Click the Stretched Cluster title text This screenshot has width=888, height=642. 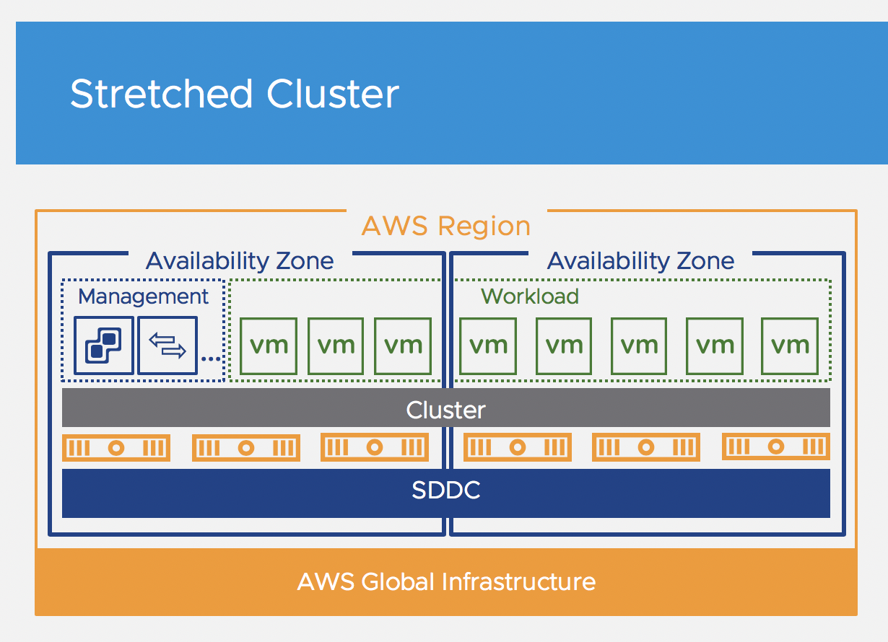click(x=235, y=94)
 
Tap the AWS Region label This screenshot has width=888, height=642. click(x=445, y=227)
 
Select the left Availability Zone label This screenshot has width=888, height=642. click(x=240, y=260)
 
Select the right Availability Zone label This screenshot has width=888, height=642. click(x=640, y=260)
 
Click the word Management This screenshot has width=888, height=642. click(x=143, y=296)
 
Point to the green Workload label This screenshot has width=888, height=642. click(x=530, y=296)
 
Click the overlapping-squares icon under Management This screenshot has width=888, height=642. click(x=104, y=346)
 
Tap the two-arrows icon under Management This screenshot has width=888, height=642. click(x=167, y=346)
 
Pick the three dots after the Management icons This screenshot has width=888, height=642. click(x=211, y=358)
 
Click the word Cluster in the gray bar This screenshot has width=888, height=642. click(x=445, y=410)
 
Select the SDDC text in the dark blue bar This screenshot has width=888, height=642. click(x=445, y=491)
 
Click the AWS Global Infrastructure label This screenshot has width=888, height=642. click(x=446, y=581)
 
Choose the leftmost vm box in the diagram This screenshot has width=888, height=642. click(x=269, y=346)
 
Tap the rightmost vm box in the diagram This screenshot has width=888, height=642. click(x=790, y=346)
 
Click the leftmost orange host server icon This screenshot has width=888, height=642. click(x=116, y=448)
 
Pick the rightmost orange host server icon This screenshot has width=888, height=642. click(x=775, y=447)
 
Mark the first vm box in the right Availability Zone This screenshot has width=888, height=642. click(x=488, y=346)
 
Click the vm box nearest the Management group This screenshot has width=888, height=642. click(x=269, y=346)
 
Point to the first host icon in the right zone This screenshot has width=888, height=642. click(x=518, y=448)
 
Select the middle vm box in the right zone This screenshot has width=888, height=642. click(x=639, y=346)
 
